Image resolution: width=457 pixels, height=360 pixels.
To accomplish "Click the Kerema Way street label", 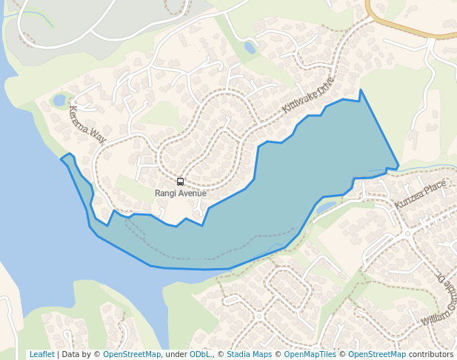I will (87, 124).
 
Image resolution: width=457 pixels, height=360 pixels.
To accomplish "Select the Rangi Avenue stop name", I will (180, 193).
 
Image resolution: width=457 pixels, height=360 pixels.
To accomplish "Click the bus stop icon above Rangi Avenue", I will (180, 181).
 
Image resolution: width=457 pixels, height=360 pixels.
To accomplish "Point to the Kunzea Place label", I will (420, 194).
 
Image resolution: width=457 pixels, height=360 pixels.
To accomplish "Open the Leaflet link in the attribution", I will (41, 354).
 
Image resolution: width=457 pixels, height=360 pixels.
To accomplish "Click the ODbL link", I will (199, 354).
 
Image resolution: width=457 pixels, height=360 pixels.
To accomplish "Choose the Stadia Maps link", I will (249, 354).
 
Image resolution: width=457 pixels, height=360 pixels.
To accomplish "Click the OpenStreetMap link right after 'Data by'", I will (132, 354).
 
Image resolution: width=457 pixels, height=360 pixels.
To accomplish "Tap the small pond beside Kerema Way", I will (59, 100).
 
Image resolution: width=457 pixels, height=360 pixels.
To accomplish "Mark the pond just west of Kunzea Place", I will (327, 208).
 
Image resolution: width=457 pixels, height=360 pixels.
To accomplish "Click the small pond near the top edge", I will (250, 48).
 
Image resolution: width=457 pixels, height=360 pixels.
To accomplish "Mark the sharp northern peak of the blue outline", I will (361, 90).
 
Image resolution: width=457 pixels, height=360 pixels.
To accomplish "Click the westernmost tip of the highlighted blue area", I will (61, 159).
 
